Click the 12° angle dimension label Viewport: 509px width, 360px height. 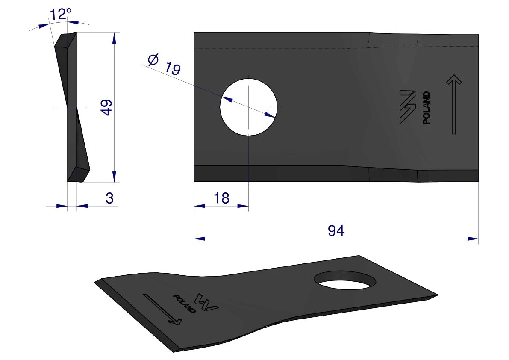tap(60, 14)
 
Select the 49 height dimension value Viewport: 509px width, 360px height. tap(106, 107)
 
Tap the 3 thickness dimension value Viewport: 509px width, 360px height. tap(109, 198)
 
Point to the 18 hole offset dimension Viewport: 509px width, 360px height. tap(221, 198)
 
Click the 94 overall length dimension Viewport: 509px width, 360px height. tap(336, 231)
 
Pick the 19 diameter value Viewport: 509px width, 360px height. tap(173, 68)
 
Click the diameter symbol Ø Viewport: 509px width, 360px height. tap(153, 59)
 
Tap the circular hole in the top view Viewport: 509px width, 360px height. tap(248, 107)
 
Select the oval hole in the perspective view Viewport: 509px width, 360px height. tap(345, 280)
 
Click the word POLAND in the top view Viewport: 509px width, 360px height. tap(427, 107)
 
